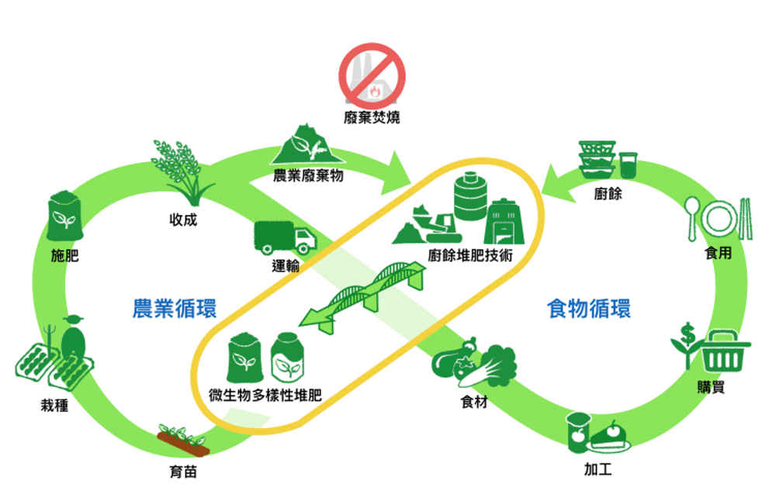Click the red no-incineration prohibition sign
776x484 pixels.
[x=372, y=76]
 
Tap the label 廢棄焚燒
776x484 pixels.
[x=372, y=118]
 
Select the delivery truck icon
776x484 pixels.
[x=285, y=237]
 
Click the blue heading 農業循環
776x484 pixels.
[x=174, y=308]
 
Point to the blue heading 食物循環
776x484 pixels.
[x=589, y=308]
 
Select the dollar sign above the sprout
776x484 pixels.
[x=688, y=334]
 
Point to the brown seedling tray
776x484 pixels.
[x=183, y=440]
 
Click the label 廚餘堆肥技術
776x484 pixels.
[x=470, y=255]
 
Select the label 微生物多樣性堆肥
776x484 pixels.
[x=265, y=395]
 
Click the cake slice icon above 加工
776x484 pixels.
[x=610, y=437]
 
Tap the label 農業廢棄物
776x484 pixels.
[x=308, y=175]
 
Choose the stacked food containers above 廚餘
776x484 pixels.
[x=598, y=159]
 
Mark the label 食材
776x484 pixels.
[x=474, y=401]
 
